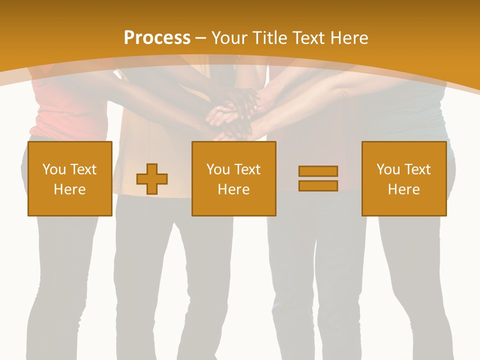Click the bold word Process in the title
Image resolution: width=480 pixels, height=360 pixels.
pyautogui.click(x=157, y=38)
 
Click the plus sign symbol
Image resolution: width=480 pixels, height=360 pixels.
pyautogui.click(x=152, y=179)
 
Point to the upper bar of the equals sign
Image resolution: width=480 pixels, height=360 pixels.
pyautogui.click(x=318, y=171)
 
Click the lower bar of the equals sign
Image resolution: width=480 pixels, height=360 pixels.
pyautogui.click(x=318, y=185)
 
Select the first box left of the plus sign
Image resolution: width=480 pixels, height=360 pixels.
pyautogui.click(x=70, y=178)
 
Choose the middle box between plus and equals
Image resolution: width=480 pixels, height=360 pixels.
pyautogui.click(x=233, y=178)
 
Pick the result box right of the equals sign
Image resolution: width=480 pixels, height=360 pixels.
pyautogui.click(x=404, y=178)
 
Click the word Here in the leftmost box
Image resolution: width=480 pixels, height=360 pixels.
pyautogui.click(x=70, y=189)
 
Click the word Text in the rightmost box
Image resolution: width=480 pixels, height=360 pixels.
pyautogui.click(x=417, y=169)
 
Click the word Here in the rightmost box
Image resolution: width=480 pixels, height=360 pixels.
pyautogui.click(x=404, y=189)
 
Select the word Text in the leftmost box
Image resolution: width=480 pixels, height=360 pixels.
pyautogui.click(x=83, y=169)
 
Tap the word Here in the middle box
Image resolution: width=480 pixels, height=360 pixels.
pyautogui.click(x=233, y=189)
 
